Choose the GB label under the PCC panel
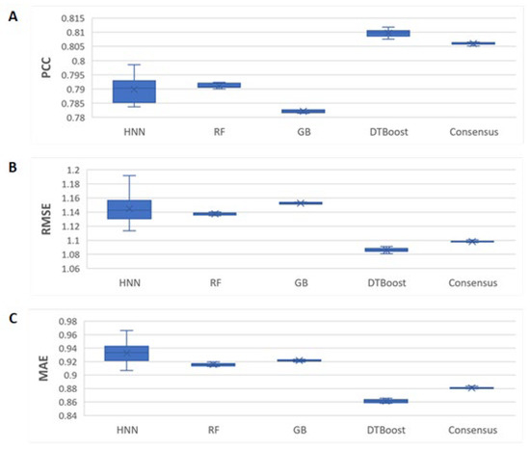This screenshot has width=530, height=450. [x=305, y=132]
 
